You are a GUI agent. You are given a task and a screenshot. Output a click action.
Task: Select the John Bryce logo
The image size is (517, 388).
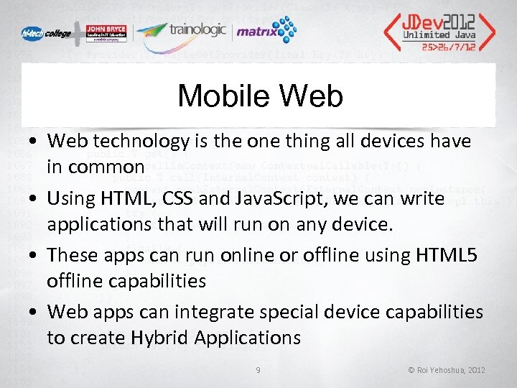point(106,34)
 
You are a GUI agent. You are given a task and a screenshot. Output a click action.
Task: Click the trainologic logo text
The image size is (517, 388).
point(197,30)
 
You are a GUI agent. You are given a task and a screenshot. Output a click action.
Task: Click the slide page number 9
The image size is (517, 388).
point(258,370)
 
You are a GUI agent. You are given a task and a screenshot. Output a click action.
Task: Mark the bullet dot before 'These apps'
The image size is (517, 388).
point(34,256)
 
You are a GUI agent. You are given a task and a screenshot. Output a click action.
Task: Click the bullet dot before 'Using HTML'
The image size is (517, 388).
point(34,199)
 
